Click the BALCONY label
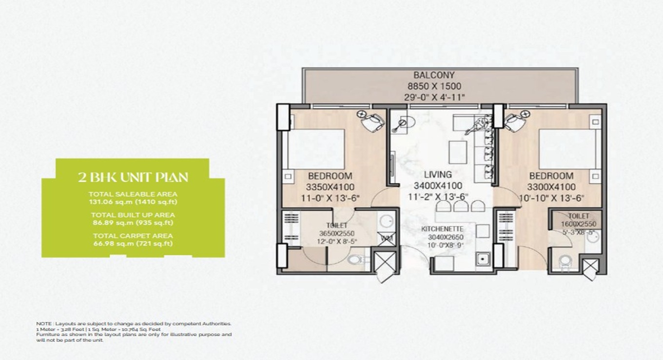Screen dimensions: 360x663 click(434, 76)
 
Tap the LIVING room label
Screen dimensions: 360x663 click(437, 175)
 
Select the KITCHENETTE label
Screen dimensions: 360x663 click(442, 229)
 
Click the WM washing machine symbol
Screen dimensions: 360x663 click(387, 239)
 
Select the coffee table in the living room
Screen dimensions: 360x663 click(458, 153)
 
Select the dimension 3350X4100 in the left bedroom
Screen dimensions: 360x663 click(330, 187)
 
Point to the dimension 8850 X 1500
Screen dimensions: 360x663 click(434, 87)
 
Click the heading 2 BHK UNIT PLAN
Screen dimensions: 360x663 click(133, 177)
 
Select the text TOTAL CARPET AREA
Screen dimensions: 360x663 click(133, 236)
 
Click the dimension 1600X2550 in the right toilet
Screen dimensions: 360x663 click(578, 224)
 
